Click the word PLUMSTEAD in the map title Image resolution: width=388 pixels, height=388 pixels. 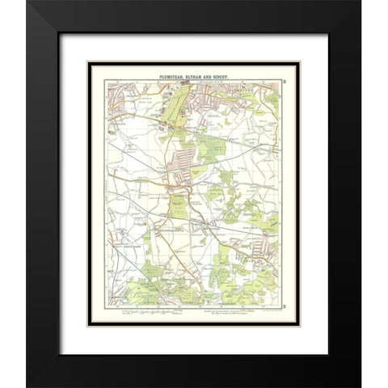[167, 73]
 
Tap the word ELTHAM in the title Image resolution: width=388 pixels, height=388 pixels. [193, 73]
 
